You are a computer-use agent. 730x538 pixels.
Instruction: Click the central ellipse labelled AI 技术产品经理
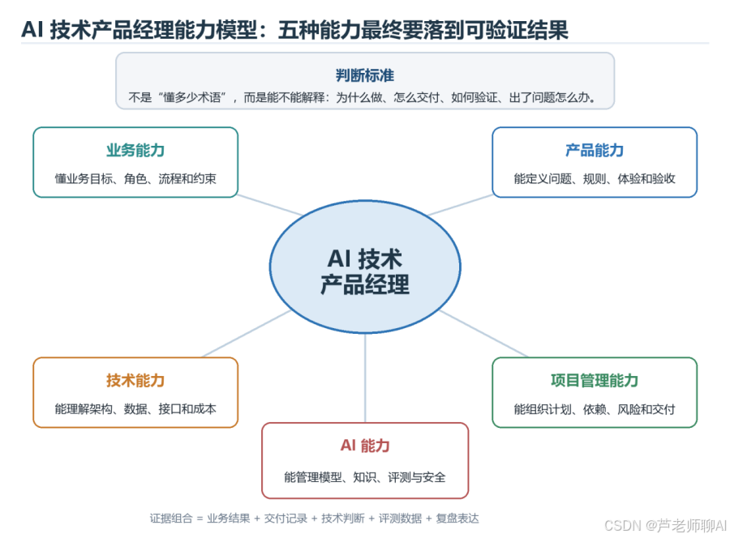pyautogui.click(x=365, y=267)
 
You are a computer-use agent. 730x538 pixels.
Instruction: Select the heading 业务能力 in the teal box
pyautogui.click(x=135, y=150)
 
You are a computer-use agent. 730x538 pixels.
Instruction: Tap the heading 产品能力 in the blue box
pyautogui.click(x=595, y=150)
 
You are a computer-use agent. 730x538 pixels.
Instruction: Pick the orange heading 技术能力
pyautogui.click(x=135, y=380)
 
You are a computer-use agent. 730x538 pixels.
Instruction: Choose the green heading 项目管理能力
pyautogui.click(x=595, y=380)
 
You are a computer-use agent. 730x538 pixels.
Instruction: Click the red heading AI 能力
pyautogui.click(x=365, y=446)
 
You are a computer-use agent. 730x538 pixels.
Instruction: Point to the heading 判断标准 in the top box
pyautogui.click(x=365, y=75)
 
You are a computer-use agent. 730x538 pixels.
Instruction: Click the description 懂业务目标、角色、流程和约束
pyautogui.click(x=135, y=178)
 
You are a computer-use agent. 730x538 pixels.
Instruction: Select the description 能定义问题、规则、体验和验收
pyautogui.click(x=595, y=178)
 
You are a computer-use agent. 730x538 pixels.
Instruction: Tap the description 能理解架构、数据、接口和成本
pyautogui.click(x=135, y=408)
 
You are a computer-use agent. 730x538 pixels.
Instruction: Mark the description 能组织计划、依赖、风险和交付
pyautogui.click(x=595, y=409)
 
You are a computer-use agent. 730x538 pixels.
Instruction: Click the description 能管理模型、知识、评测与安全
pyautogui.click(x=365, y=477)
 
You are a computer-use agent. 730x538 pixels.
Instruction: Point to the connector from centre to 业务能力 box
pyautogui.click(x=270, y=205)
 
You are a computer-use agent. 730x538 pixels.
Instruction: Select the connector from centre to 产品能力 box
pyautogui.click(x=460, y=205)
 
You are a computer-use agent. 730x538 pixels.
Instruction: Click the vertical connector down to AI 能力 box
pyautogui.click(x=365, y=378)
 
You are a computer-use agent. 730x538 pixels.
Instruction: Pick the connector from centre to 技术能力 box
pyautogui.click(x=247, y=334)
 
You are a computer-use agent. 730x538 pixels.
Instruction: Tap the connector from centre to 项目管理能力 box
pyautogui.click(x=483, y=334)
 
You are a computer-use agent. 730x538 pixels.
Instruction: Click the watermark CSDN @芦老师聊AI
pyautogui.click(x=666, y=526)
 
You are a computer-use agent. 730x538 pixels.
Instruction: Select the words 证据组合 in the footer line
pyautogui.click(x=171, y=519)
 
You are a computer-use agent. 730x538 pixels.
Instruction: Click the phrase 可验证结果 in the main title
pyautogui.click(x=517, y=30)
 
